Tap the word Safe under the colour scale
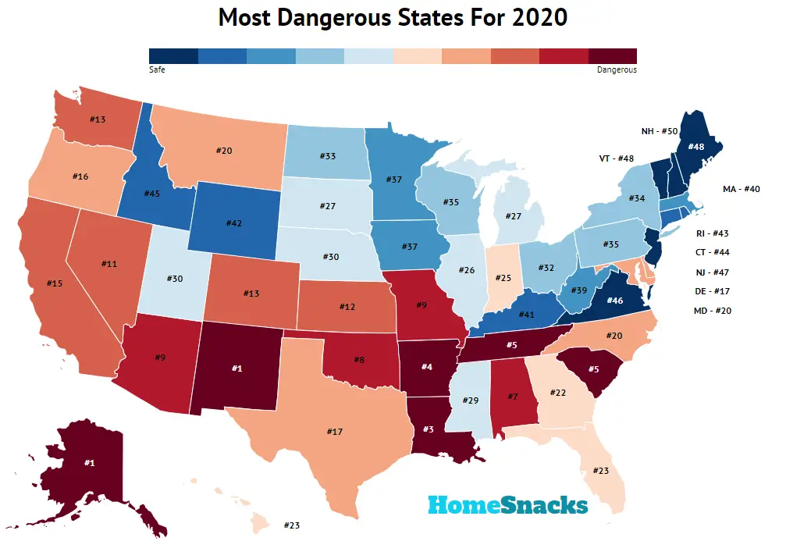pyautogui.click(x=156, y=69)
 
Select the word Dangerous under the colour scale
pyautogui.click(x=617, y=69)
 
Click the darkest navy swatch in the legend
pyautogui.click(x=172, y=55)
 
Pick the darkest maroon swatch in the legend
pyautogui.click(x=613, y=55)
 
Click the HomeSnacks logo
pyautogui.click(x=507, y=505)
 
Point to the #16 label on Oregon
pyautogui.click(x=80, y=177)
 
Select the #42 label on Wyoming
pyautogui.click(x=233, y=222)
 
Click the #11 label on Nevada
pyautogui.click(x=109, y=265)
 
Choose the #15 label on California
pyautogui.click(x=55, y=283)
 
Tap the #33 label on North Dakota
pyautogui.click(x=327, y=156)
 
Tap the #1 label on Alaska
pyautogui.click(x=88, y=463)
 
